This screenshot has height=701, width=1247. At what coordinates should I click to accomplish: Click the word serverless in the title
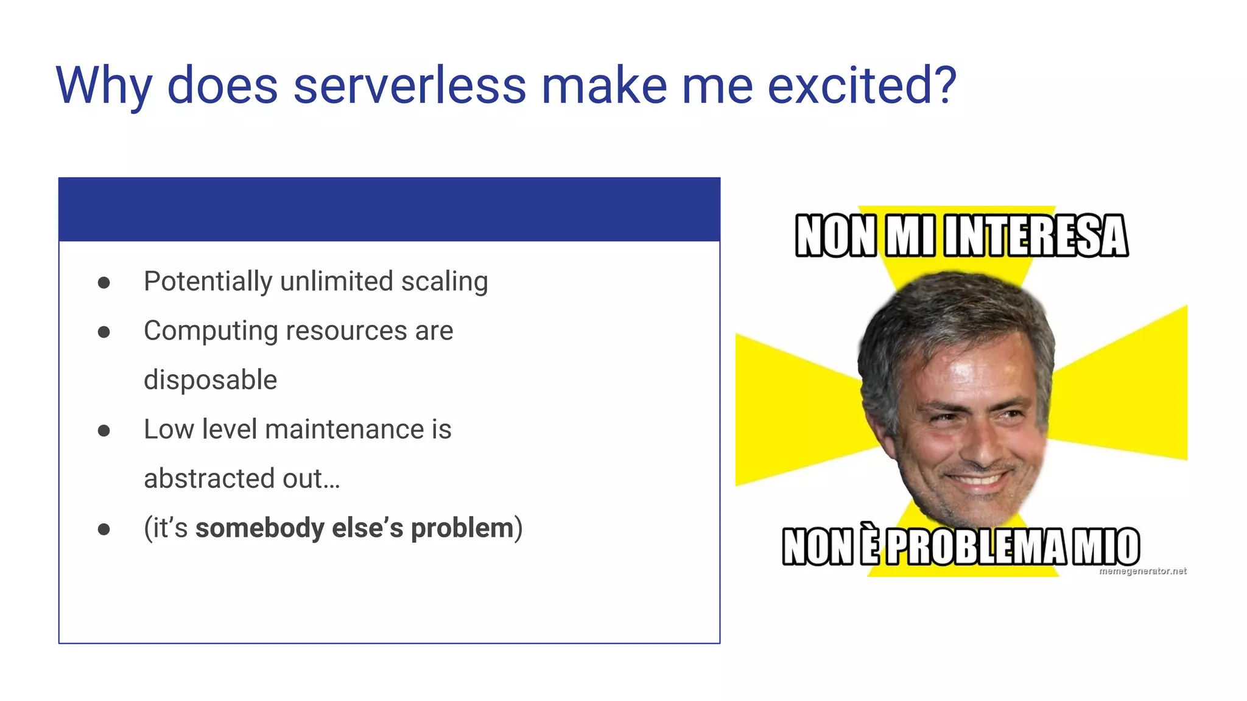click(409, 85)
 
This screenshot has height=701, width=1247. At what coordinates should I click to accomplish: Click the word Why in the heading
click(104, 86)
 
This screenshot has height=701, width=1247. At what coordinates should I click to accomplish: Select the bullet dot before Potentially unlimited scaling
click(104, 282)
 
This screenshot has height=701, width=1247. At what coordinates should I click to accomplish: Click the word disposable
click(210, 380)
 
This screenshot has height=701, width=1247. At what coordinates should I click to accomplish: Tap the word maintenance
click(345, 430)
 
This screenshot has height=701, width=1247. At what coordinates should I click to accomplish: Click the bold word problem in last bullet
click(462, 528)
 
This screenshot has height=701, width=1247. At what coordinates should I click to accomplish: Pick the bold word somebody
click(259, 528)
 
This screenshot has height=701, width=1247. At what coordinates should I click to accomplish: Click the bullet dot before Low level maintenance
click(104, 431)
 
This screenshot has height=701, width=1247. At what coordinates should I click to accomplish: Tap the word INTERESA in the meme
click(1036, 236)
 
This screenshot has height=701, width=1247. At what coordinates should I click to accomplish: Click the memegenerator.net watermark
click(1142, 571)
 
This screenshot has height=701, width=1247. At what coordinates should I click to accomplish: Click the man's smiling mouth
click(979, 479)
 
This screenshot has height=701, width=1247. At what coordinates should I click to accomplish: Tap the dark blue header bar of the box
click(389, 209)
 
